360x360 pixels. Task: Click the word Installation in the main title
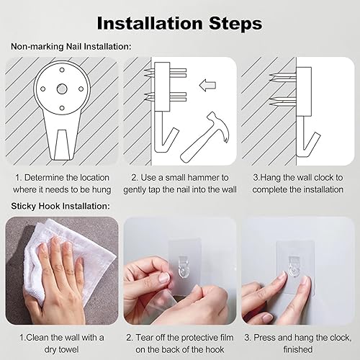(x=150, y=23)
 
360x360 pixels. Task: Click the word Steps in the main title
(x=235, y=24)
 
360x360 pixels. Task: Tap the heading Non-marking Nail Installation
(x=71, y=46)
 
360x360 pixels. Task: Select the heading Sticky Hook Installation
(x=60, y=206)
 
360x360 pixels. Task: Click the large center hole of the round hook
(x=62, y=89)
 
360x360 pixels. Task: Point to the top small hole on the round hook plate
(x=62, y=70)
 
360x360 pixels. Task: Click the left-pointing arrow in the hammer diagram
(x=207, y=86)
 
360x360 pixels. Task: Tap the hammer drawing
(x=204, y=137)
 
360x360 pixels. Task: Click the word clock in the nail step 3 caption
(x=324, y=178)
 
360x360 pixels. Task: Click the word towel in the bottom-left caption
(x=68, y=349)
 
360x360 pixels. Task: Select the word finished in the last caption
(x=298, y=349)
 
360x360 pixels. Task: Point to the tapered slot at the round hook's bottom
(x=62, y=145)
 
